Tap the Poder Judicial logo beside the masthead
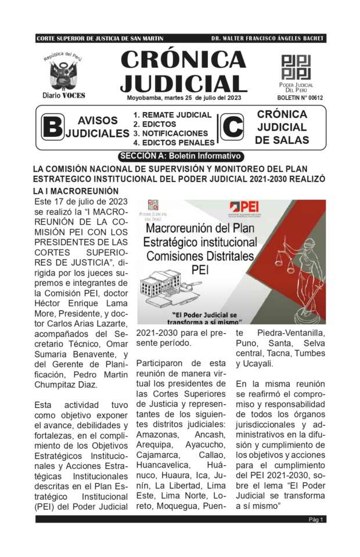(296, 67)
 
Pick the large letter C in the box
(233, 128)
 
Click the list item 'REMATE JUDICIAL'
(172, 115)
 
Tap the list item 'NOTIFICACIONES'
(170, 133)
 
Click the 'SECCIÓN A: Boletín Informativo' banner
(179, 156)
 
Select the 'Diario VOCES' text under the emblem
(64, 95)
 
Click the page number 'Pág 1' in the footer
(316, 519)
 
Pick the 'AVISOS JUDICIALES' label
(98, 127)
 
